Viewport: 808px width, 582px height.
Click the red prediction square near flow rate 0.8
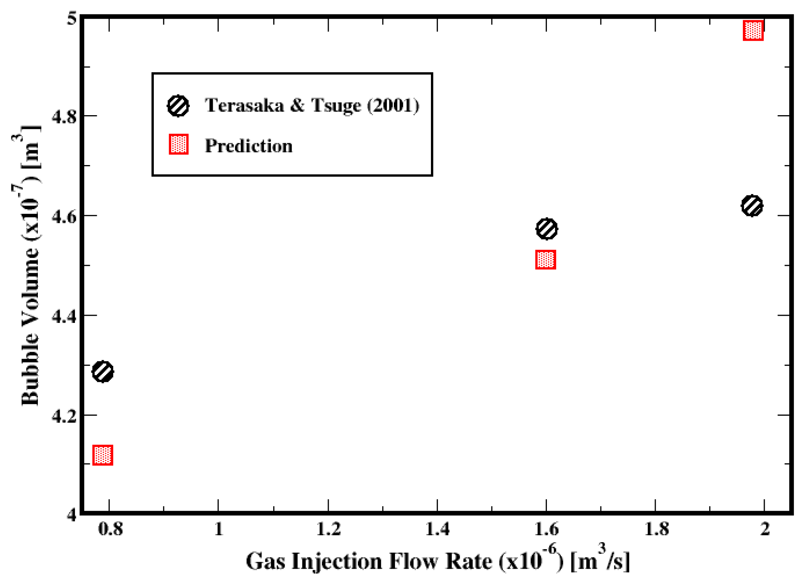coord(103,455)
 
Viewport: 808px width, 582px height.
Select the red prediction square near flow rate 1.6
coord(545,260)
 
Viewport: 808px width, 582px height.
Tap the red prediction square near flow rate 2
coord(753,30)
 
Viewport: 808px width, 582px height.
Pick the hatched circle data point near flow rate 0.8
coord(103,372)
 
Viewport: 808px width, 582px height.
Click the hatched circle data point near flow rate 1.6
coord(546,229)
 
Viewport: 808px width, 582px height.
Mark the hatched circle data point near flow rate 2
coord(752,206)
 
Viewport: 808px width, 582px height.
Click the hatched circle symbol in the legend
coord(178,106)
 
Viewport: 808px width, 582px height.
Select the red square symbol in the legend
coord(179,144)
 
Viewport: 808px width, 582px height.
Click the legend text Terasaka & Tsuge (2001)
coord(312,105)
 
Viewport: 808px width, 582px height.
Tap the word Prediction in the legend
coord(249,146)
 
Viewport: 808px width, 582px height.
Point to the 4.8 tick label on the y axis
coord(64,116)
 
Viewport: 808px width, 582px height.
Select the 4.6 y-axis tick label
coord(64,216)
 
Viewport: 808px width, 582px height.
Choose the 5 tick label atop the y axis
coord(71,18)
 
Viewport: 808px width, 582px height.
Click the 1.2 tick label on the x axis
coord(328,529)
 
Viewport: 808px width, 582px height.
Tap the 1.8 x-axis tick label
coord(656,529)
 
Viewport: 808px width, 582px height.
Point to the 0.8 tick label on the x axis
coord(110,529)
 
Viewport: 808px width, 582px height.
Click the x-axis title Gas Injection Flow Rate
coord(437,561)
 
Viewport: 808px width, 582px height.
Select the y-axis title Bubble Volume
coord(30,265)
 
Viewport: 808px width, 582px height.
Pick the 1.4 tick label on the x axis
coord(437,529)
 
